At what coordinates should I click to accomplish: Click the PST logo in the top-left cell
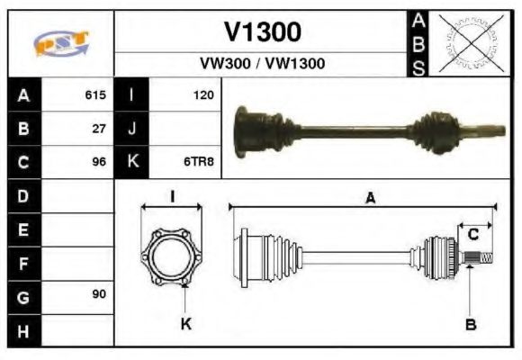tap(60, 42)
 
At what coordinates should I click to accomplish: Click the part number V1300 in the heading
tap(262, 32)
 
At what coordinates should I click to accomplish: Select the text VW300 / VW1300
tap(262, 64)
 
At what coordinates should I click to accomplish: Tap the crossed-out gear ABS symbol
tap(468, 42)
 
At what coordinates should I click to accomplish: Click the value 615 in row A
tap(95, 94)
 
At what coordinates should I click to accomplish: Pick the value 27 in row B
tap(99, 129)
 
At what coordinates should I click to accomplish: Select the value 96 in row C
tap(99, 163)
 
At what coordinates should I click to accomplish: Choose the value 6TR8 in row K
tap(200, 163)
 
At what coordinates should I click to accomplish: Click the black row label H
tap(22, 330)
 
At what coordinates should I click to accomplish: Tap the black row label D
tap(22, 195)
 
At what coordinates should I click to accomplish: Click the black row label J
tap(132, 129)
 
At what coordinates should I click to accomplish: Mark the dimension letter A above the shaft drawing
tap(370, 199)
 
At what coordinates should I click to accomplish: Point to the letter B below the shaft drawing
tap(471, 323)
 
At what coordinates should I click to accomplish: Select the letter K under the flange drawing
tap(186, 323)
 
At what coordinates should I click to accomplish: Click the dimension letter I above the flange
tap(172, 197)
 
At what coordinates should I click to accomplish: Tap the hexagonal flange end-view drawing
tap(171, 256)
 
